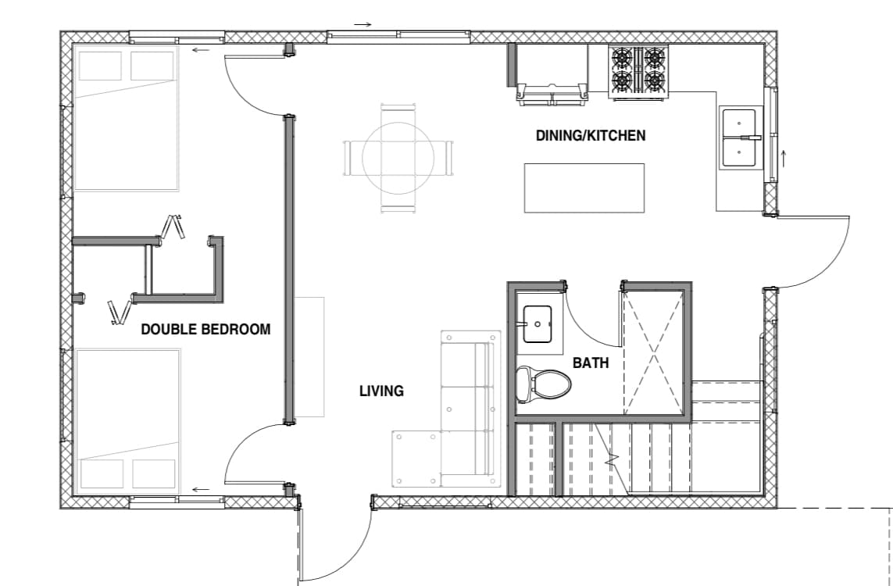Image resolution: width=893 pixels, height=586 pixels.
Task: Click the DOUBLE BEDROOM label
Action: [x=205, y=329]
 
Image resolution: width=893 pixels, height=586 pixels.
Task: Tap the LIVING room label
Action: [x=381, y=391]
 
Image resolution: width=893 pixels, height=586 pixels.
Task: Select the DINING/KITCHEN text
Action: [x=591, y=135]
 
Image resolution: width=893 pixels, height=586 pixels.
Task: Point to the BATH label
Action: [x=591, y=363]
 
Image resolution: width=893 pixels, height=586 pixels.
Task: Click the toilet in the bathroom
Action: [x=542, y=383]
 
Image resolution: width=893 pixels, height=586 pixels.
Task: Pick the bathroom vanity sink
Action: [x=537, y=324]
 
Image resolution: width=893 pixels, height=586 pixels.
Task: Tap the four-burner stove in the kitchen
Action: [x=638, y=72]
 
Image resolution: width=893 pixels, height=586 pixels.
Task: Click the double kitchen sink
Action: [x=740, y=138]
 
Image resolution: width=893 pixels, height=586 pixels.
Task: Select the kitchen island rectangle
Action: [x=584, y=188]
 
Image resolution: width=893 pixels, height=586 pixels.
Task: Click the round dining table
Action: [x=398, y=158]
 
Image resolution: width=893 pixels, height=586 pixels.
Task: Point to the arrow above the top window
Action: [x=363, y=24]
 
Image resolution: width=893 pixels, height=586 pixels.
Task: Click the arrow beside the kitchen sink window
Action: [x=784, y=159]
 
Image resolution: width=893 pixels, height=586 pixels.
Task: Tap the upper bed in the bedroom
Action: [x=127, y=119]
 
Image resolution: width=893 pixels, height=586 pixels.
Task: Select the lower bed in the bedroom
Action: [x=127, y=421]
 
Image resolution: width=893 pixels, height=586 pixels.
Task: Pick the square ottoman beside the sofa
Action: [x=416, y=459]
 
